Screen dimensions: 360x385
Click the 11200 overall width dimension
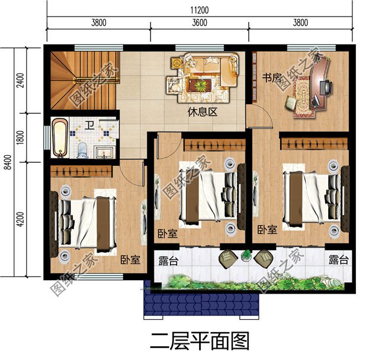pyautogui.click(x=199, y=9)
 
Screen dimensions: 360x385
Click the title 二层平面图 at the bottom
pyautogui.click(x=199, y=342)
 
